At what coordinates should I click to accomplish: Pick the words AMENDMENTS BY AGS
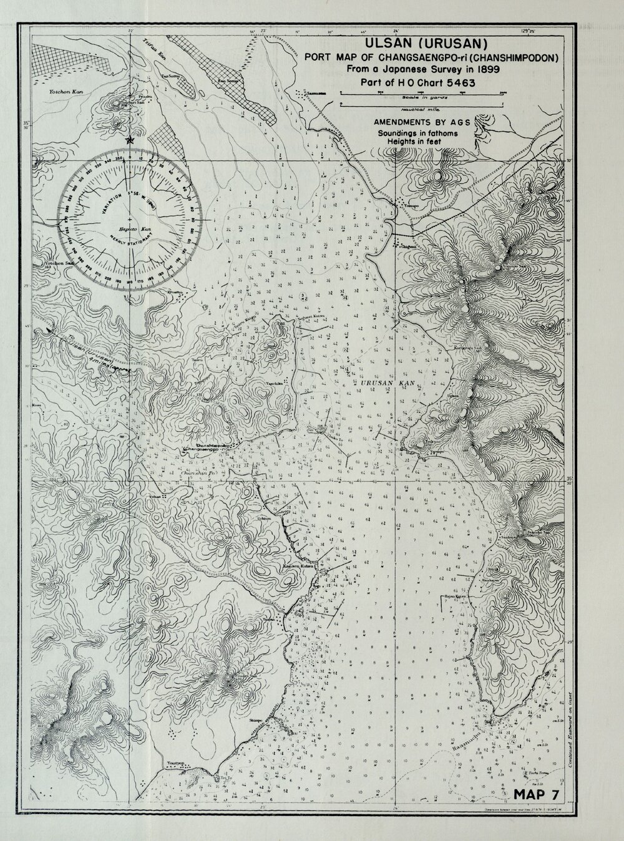(x=421, y=122)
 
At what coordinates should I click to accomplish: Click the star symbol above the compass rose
(x=129, y=140)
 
